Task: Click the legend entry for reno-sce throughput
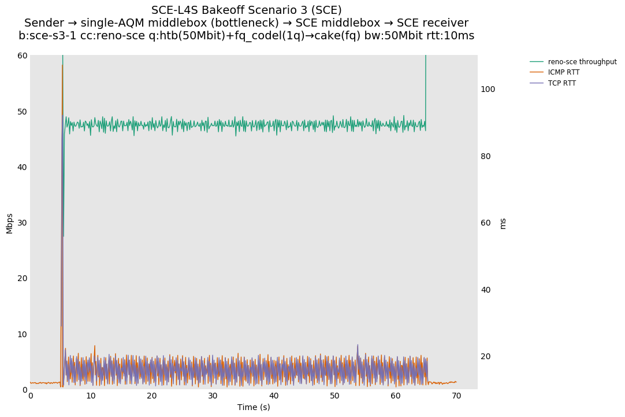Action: (582, 62)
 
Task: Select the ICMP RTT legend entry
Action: (563, 72)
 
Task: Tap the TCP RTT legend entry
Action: (561, 83)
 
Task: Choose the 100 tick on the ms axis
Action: (488, 89)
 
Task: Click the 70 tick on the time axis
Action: (456, 396)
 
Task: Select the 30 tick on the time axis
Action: (213, 396)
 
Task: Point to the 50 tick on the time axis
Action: (334, 396)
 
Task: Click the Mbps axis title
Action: (9, 223)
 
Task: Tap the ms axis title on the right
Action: (503, 223)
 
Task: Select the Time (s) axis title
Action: (254, 407)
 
